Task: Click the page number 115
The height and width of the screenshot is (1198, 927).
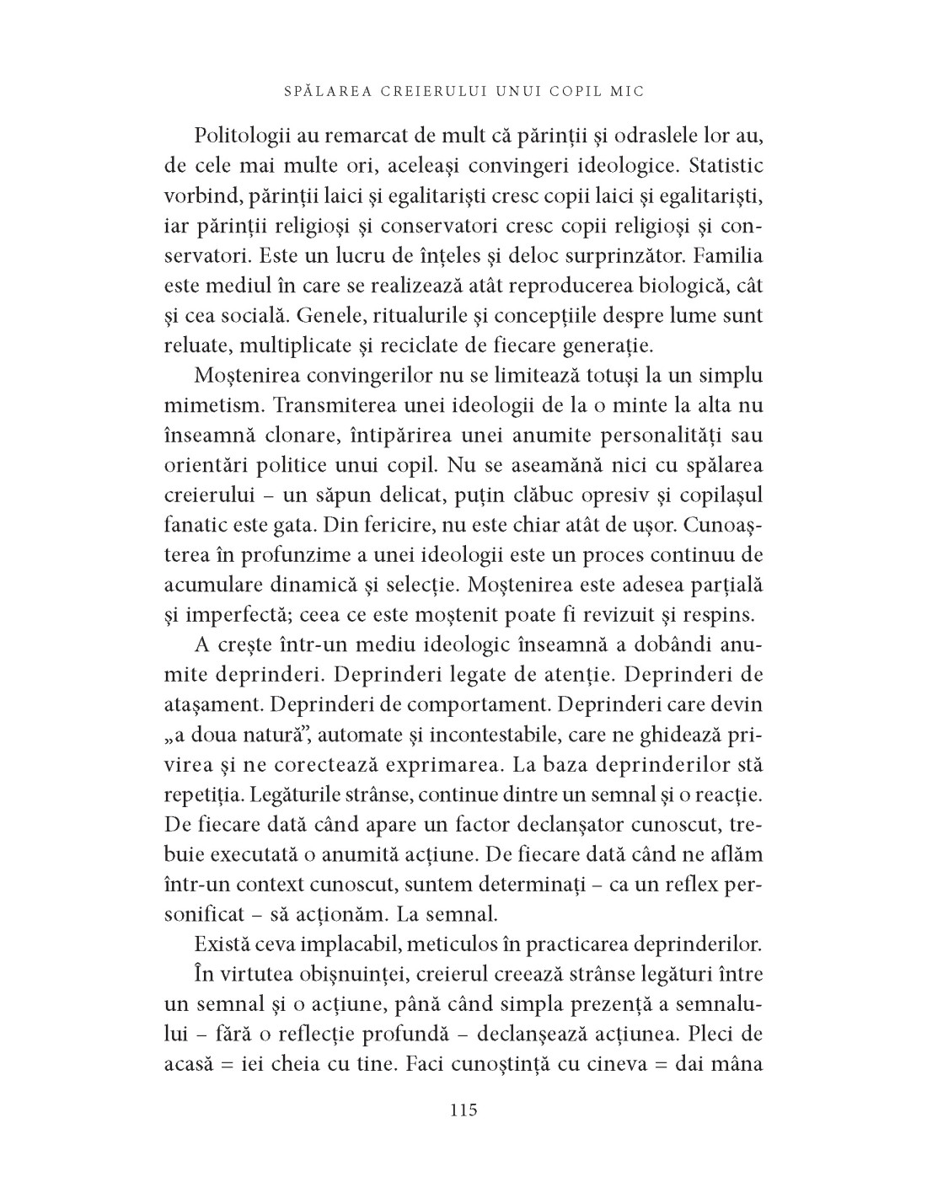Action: pos(463,1110)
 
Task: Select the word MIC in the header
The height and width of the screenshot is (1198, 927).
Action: pos(630,91)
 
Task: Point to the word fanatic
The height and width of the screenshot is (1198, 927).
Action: pos(195,525)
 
